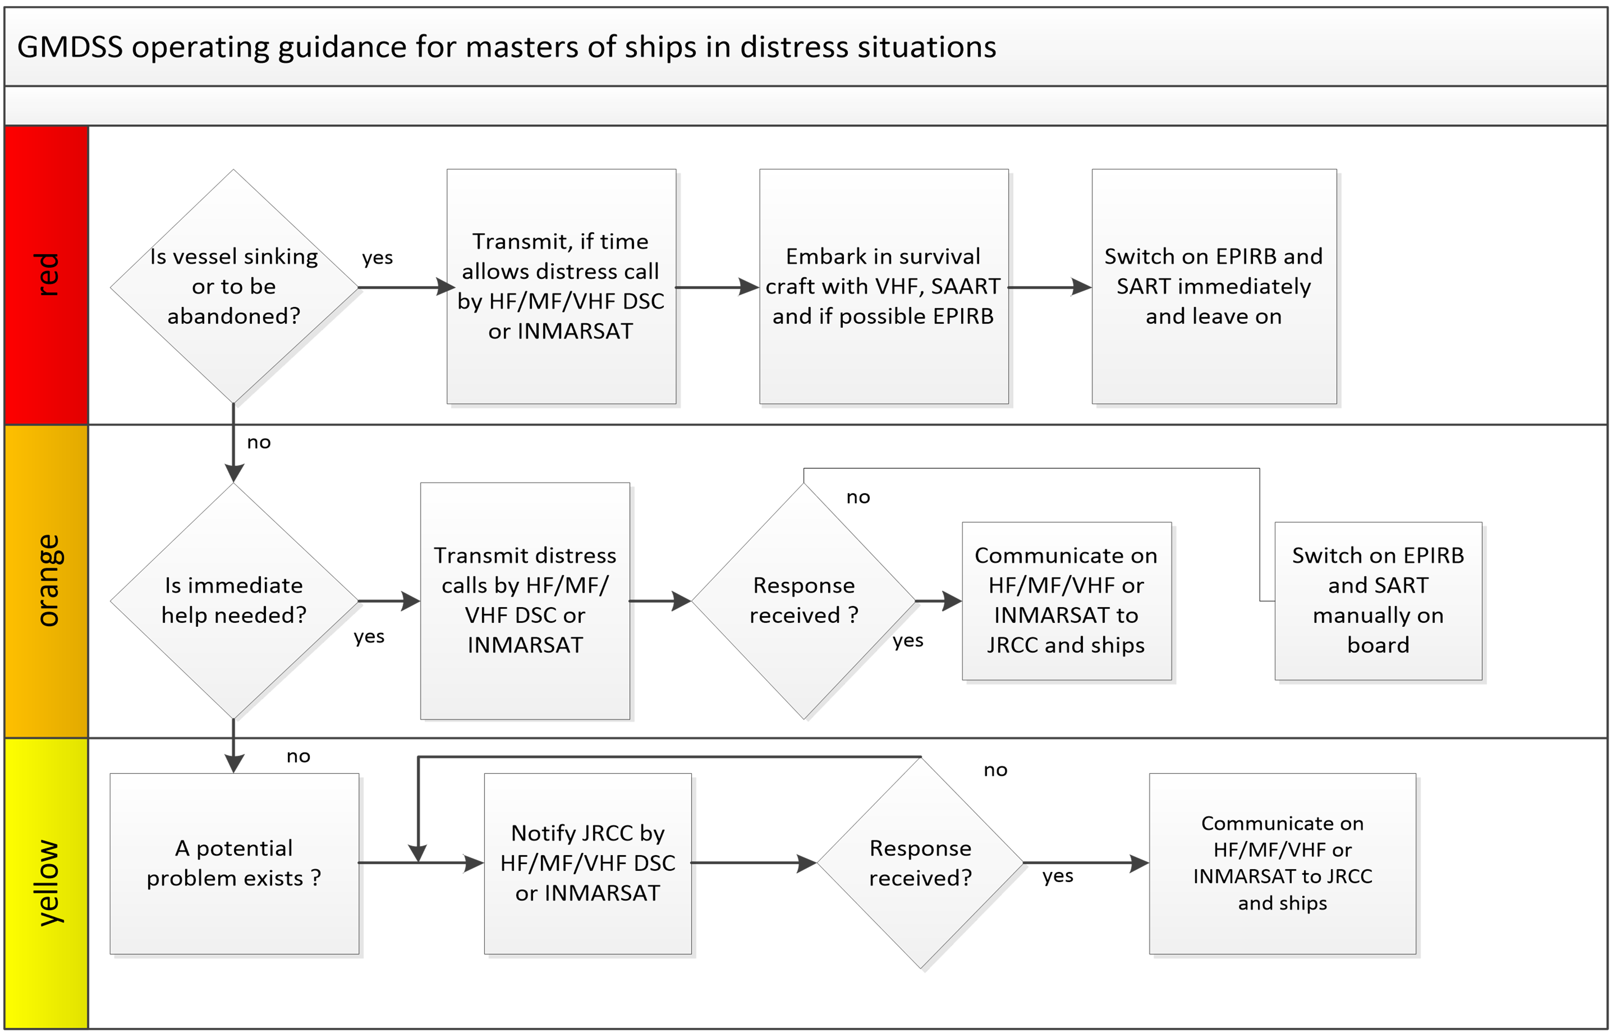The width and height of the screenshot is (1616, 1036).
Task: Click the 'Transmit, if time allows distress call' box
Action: [x=561, y=286]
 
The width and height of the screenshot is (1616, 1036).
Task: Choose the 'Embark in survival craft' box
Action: [x=883, y=286]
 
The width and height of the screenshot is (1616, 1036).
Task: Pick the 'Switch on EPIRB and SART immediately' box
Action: [x=1214, y=286]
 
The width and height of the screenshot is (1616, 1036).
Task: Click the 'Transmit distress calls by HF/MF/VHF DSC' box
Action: [x=525, y=600]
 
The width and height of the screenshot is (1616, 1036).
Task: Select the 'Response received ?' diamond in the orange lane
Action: [x=804, y=600]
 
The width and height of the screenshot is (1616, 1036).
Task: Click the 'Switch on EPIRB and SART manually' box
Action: [x=1378, y=600]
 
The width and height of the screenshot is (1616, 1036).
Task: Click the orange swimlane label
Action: [x=47, y=580]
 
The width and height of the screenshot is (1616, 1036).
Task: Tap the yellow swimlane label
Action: [x=47, y=883]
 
